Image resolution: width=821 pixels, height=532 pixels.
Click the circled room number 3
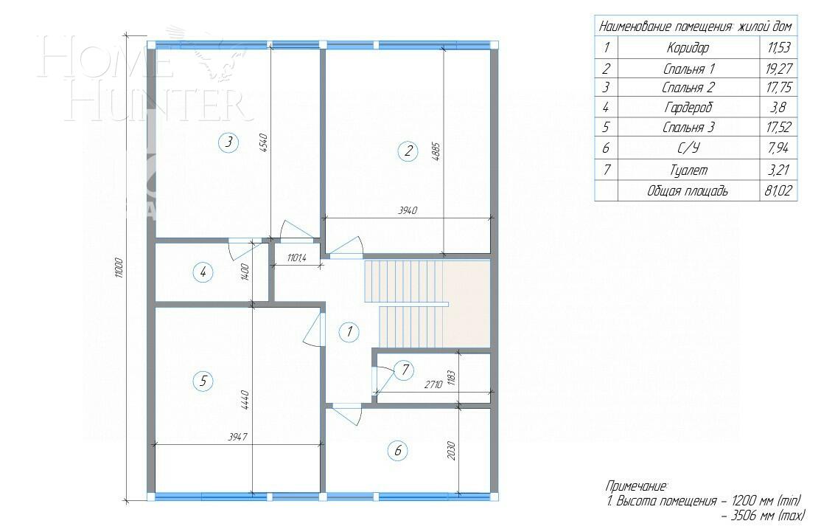click(x=229, y=142)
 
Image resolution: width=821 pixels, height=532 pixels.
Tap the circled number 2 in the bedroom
click(x=407, y=152)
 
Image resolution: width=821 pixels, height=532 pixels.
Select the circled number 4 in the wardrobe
click(x=204, y=272)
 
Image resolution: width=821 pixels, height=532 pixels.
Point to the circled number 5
click(x=203, y=381)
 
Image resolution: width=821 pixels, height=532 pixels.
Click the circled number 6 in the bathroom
click(x=397, y=450)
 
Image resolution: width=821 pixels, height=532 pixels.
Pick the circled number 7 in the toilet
click(x=402, y=370)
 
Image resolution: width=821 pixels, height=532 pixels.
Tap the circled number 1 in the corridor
click(x=349, y=332)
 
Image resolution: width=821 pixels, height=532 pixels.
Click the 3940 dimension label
click(x=408, y=211)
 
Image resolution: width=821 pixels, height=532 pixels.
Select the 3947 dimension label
click(x=236, y=437)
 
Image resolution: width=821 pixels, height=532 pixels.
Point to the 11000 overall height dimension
click(x=119, y=269)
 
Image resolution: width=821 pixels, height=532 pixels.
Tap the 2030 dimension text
click(x=451, y=450)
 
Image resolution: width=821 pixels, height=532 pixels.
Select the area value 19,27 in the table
click(x=778, y=69)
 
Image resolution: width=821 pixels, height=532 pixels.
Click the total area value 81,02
click(x=778, y=191)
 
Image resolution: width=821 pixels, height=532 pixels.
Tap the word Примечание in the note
click(x=636, y=486)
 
